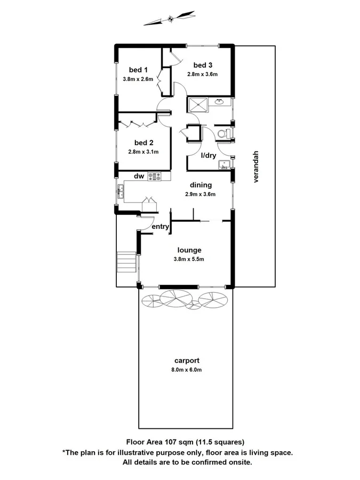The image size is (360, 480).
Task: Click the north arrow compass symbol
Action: click(170, 19)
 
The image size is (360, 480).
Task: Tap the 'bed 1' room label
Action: click(138, 70)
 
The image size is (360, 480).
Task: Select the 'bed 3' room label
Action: click(203, 65)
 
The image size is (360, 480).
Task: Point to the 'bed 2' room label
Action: click(143, 142)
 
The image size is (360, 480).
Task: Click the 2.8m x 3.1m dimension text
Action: click(143, 151)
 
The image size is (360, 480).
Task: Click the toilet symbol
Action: click(225, 133)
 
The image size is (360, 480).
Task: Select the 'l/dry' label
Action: click(208, 156)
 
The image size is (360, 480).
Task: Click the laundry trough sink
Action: click(224, 165)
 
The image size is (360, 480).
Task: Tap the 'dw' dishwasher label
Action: click(139, 176)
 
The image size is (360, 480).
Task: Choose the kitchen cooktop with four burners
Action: click(155, 176)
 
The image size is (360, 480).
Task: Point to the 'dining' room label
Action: click(201, 185)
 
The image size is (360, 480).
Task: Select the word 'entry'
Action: click(161, 227)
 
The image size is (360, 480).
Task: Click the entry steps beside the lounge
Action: click(127, 261)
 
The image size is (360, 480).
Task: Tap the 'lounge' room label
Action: click(189, 250)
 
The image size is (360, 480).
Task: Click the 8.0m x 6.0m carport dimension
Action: click(187, 370)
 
